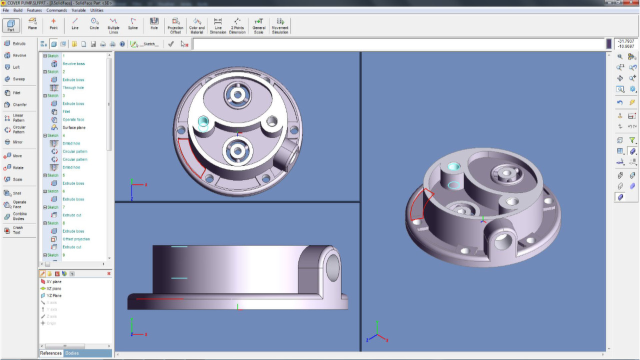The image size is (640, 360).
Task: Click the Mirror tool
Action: (14, 142)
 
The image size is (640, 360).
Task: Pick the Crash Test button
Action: (14, 230)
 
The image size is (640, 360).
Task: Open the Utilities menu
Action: (96, 10)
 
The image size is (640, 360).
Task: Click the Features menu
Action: (34, 10)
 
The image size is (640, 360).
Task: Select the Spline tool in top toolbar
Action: (132, 24)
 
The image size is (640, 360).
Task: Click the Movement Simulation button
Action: (280, 25)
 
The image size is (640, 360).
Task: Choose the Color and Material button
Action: (197, 25)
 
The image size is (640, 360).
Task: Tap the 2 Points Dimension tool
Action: (237, 25)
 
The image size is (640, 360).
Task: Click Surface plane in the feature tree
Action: (73, 127)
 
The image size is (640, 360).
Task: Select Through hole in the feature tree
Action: (73, 87)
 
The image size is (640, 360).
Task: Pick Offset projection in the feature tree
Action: (76, 239)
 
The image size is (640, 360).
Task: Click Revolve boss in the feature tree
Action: (73, 63)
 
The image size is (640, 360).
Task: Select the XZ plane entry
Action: (53, 288)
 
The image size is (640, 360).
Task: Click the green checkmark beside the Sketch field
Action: (171, 44)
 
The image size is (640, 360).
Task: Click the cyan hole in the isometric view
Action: (453, 166)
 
